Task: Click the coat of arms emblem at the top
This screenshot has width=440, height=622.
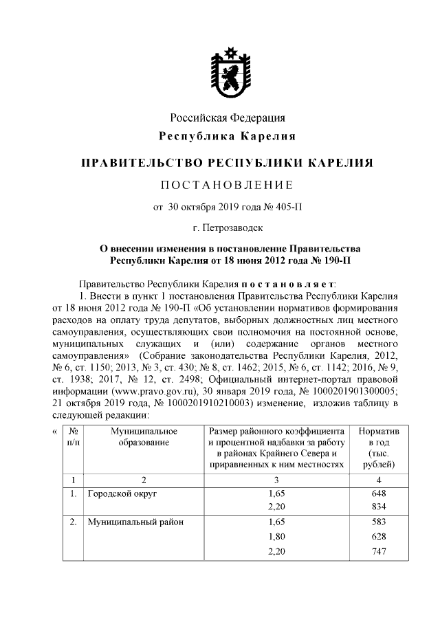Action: pos(227,71)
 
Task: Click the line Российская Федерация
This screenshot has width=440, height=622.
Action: pos(227,118)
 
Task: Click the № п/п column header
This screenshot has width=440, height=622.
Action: pos(73,436)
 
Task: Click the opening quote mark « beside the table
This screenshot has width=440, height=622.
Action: pos(55,431)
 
